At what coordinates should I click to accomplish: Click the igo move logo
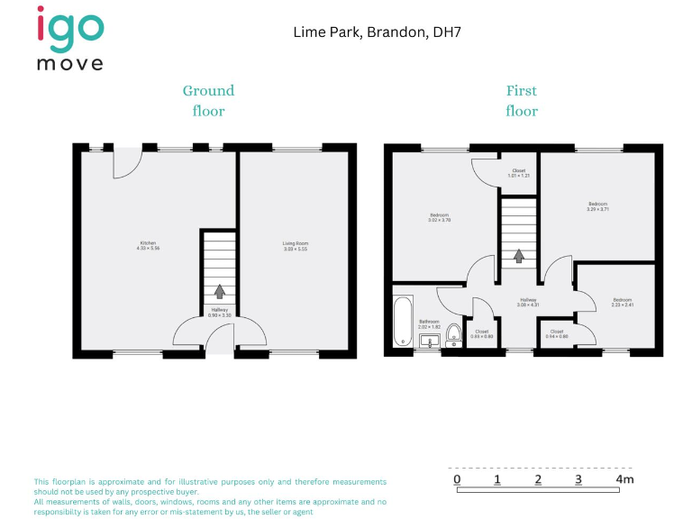click(70, 37)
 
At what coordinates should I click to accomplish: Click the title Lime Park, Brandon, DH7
click(378, 32)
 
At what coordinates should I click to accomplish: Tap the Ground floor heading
click(208, 100)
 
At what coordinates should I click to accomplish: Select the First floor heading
click(521, 100)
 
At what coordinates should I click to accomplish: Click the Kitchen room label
click(148, 245)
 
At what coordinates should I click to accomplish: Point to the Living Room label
click(296, 245)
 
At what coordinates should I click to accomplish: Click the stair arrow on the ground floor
click(219, 292)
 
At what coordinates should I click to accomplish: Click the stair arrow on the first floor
click(519, 255)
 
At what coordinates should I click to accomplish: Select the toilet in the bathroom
click(454, 336)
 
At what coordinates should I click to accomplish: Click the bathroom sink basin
click(429, 341)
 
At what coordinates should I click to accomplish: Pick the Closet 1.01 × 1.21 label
click(519, 173)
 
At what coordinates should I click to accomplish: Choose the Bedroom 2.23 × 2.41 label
click(623, 303)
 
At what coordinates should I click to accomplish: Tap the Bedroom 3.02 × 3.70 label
click(440, 217)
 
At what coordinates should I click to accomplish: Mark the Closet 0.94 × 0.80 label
click(557, 333)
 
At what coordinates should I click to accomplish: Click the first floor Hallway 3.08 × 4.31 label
click(528, 303)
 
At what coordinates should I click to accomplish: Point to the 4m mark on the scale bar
click(624, 479)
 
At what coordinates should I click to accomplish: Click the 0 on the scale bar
click(458, 479)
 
